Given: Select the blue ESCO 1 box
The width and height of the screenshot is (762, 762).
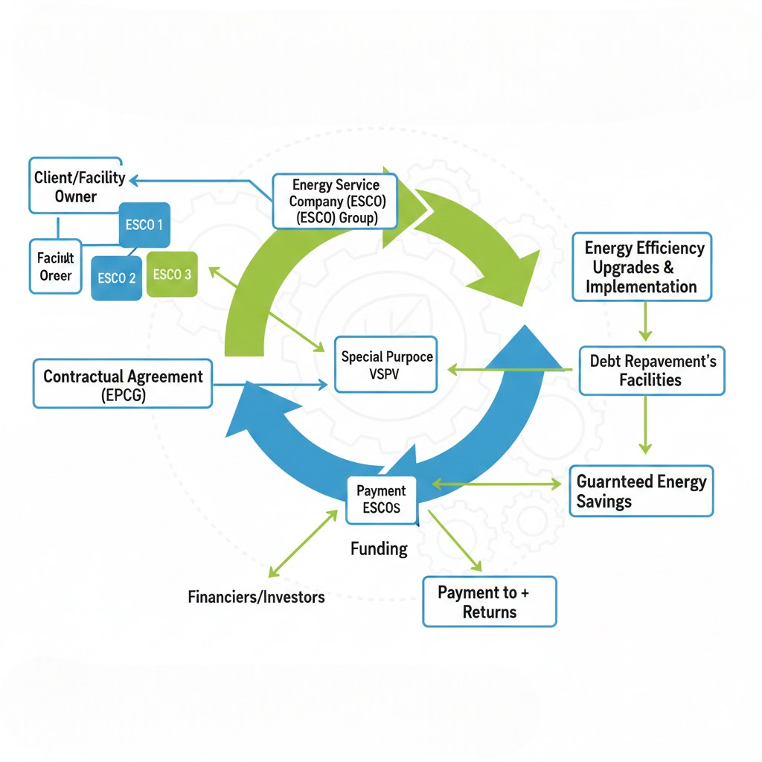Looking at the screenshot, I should pos(144,225).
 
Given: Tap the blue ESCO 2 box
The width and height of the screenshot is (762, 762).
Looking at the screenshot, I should pos(116,278).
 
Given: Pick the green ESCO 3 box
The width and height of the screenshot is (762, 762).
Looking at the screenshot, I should pos(172,275).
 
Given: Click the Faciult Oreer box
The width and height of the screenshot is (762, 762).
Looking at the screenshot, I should pos(55,266).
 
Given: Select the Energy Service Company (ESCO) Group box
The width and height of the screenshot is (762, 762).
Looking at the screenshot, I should pos(335,201).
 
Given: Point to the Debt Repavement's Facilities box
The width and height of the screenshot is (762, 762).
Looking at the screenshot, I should pos(652,371).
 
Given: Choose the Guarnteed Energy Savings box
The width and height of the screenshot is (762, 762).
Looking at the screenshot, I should pos(641,491).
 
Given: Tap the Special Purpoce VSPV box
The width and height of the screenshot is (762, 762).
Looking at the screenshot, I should pos(386,365).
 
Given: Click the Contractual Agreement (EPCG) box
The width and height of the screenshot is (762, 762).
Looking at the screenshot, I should pos(123,385).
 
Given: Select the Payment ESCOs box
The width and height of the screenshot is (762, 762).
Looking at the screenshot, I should pos(381,499).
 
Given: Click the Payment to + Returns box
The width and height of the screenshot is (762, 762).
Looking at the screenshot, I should pos(489,602).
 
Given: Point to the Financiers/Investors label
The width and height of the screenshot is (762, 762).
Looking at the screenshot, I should pos(256,597).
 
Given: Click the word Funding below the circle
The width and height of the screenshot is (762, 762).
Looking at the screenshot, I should pos(379,549).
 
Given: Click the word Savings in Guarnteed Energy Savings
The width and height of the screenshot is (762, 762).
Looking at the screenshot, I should pos(603,502).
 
